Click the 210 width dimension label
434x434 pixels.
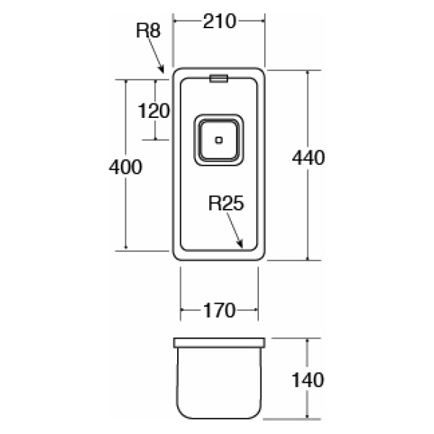[219, 22]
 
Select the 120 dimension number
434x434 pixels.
[153, 111]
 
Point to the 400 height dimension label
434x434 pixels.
[124, 166]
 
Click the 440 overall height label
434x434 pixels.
[310, 157]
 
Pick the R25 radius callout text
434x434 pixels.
[226, 203]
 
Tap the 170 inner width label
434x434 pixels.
[219, 311]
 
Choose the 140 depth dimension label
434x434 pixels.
[310, 379]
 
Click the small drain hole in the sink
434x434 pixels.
[218, 140]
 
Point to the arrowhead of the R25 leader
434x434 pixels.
[242, 247]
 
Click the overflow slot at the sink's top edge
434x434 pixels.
[218, 77]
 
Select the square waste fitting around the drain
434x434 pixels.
[218, 140]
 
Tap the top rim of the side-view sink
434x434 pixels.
[218, 339]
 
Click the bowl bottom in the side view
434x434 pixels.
[218, 417]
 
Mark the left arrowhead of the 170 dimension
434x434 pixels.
[182, 311]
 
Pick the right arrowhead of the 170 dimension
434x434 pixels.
[255, 311]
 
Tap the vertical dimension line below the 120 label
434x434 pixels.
[153, 130]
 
